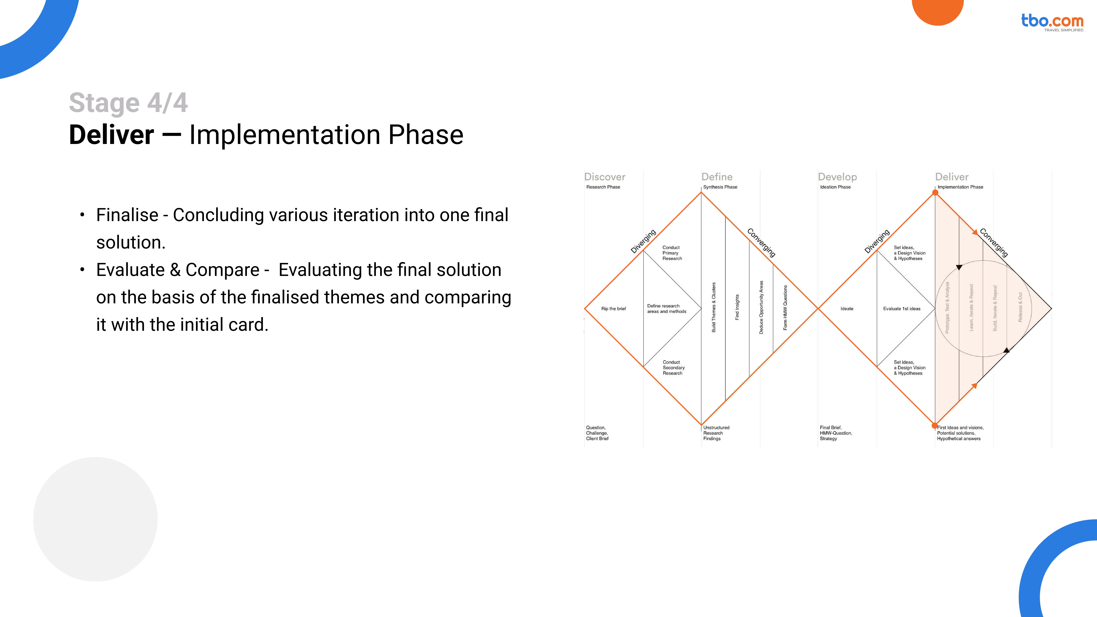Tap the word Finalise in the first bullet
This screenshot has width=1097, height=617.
point(127,215)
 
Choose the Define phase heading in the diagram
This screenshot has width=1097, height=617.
point(717,177)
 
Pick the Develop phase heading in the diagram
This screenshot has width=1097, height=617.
point(837,177)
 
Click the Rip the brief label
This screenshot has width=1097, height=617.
point(613,309)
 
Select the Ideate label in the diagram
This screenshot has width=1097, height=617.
point(847,309)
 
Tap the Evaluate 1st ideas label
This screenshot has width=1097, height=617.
point(902,309)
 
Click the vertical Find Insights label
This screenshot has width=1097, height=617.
point(737,307)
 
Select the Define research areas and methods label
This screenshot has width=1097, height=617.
point(666,309)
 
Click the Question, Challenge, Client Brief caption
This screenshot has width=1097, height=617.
point(597,433)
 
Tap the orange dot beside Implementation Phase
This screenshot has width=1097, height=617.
point(935,193)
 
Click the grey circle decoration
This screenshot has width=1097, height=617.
point(95,519)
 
